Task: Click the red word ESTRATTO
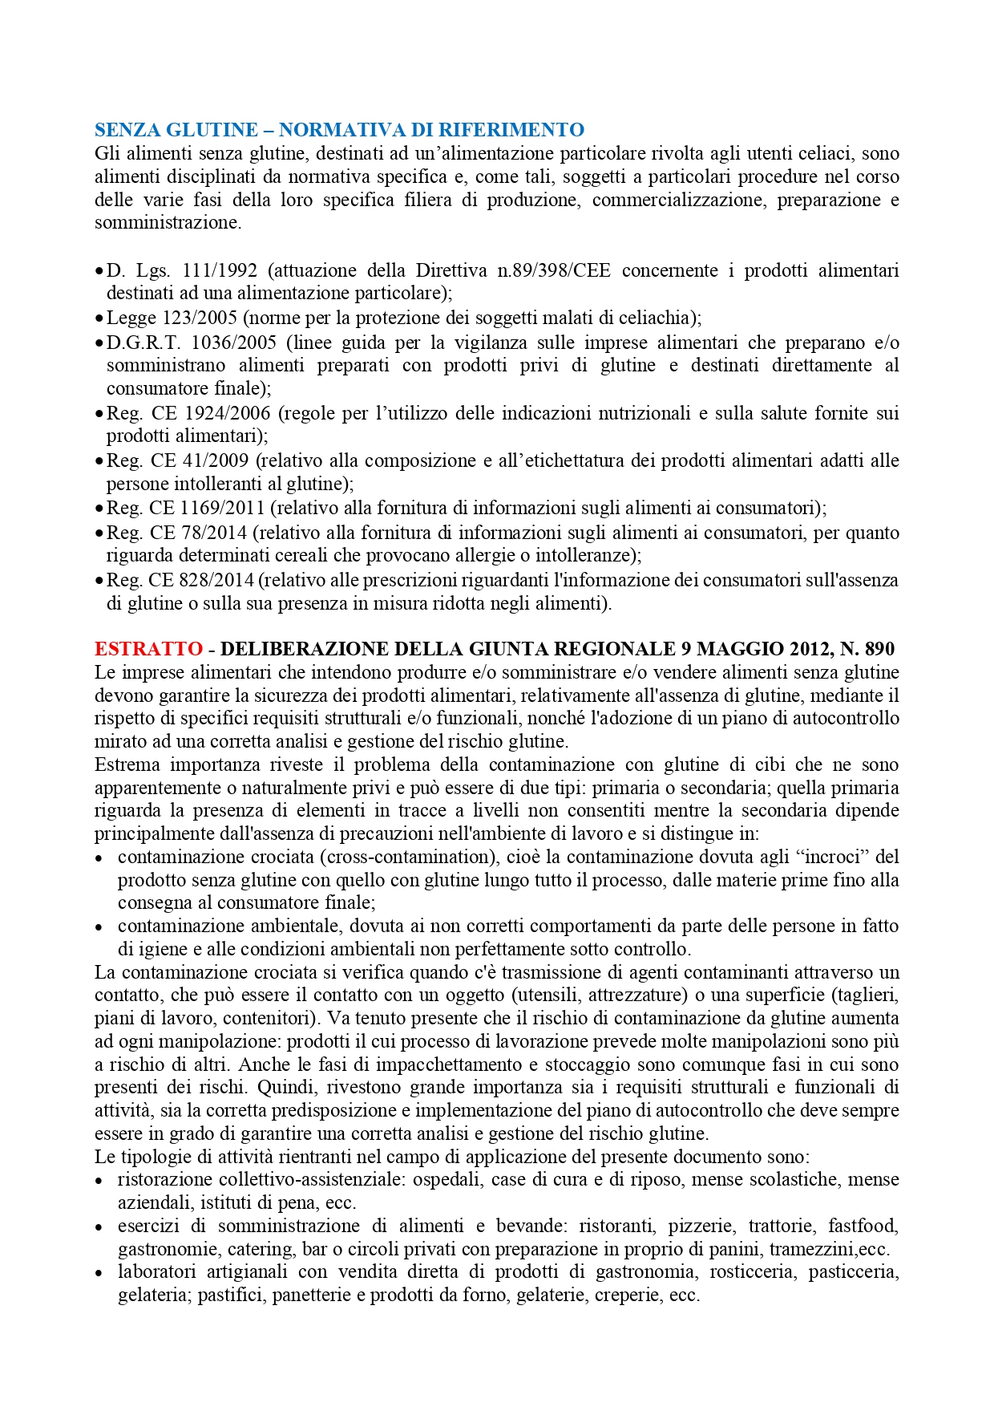point(148,649)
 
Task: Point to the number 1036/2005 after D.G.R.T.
point(234,343)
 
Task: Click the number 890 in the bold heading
point(879,649)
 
